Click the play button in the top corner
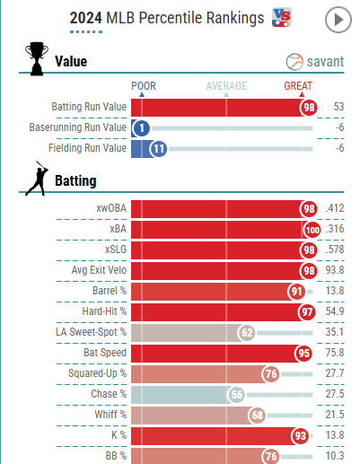338,20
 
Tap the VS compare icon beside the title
281,17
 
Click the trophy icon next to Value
37,58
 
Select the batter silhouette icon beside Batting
37,179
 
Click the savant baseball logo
294,62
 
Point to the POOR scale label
144,86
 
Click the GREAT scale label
298,86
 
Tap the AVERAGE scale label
226,86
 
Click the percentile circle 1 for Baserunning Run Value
142,128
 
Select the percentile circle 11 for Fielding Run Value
159,149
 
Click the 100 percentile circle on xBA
312,230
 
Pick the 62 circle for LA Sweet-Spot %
247,333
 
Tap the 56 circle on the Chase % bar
237,395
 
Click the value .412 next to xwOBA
335,208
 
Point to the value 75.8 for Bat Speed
335,353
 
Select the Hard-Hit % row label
104,311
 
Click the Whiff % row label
110,415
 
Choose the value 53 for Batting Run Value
338,107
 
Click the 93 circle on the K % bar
301,436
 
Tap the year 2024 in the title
86,18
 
